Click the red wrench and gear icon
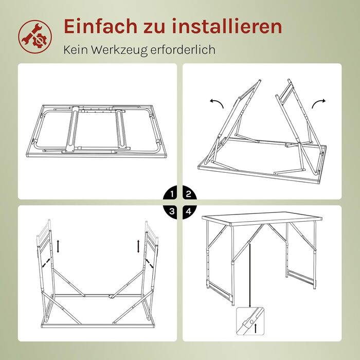coord(35,37)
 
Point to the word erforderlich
coord(183,49)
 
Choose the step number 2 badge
coord(189,194)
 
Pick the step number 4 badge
coord(189,211)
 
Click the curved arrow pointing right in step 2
coord(318,102)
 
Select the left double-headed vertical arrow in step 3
coord(58,246)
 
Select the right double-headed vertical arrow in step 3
coord(138,246)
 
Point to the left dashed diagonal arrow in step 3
coord(46,263)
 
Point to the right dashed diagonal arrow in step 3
coord(149,263)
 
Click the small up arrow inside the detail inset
coord(255,328)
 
